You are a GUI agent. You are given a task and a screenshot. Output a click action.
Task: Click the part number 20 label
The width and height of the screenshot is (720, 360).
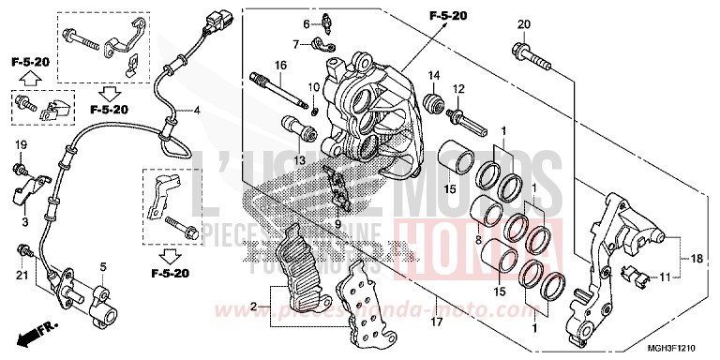tap(523, 24)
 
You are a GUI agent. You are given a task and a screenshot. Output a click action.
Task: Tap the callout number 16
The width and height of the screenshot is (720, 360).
tap(279, 65)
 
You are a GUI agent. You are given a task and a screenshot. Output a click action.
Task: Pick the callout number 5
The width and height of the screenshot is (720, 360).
tap(104, 266)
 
